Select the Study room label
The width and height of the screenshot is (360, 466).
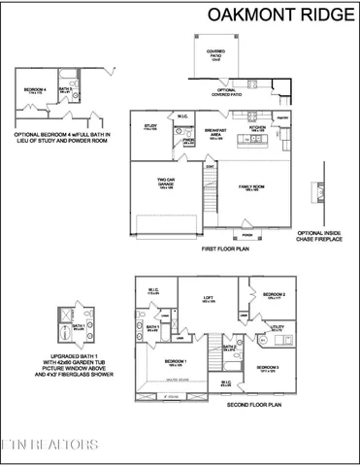pos(150,126)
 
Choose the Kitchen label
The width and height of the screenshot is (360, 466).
pos(258,126)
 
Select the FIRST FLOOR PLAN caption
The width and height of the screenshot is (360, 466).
pos(227,249)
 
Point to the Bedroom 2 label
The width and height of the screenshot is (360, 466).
pos(274,295)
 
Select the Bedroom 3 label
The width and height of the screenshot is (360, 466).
pos(270,368)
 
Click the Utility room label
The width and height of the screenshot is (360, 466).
pos(277,328)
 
